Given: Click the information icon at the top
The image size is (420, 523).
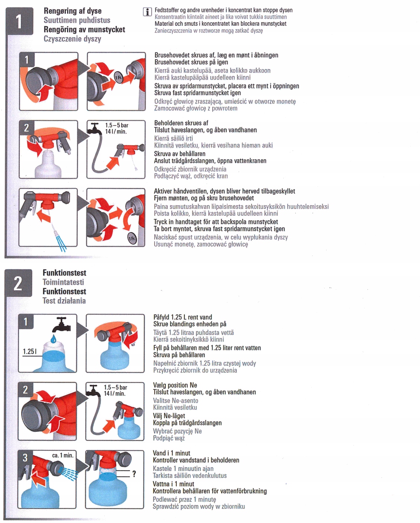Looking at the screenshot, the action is point(147,12).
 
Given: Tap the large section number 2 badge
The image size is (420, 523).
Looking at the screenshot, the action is point(18,283).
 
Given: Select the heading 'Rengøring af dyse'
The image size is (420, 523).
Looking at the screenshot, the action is point(73,11).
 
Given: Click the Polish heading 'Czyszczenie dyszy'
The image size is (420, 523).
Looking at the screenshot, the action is point(72,39).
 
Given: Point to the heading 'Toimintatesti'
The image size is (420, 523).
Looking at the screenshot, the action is point(63,282).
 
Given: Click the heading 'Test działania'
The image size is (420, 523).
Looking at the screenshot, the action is point(64,301).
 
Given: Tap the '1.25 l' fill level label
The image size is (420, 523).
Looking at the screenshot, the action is point(30,351).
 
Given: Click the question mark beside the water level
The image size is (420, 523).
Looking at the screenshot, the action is point(134,473).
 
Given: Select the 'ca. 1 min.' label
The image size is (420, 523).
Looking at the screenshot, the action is point(63,455).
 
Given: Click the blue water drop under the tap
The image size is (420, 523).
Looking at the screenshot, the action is point(54,338).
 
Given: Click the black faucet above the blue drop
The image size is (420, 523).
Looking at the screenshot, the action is point(61,325).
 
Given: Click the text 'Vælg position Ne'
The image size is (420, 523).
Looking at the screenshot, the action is point(175,385).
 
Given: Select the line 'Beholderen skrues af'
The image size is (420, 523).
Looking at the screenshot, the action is point(181,123).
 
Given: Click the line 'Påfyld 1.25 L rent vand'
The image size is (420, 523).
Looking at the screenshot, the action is point(182,317).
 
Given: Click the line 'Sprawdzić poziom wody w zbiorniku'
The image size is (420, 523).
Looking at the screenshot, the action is point(198,506).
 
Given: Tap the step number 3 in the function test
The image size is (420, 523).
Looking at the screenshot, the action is point(25,457).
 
